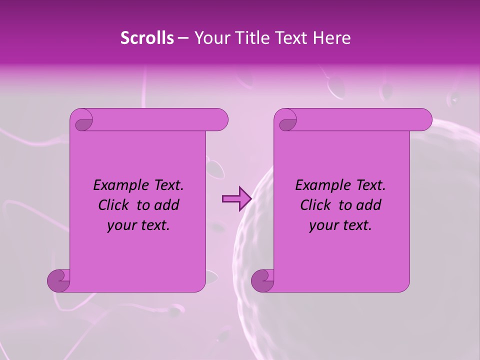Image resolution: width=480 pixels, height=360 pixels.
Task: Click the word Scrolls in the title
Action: click(x=147, y=38)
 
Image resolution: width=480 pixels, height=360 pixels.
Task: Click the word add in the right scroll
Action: click(x=368, y=205)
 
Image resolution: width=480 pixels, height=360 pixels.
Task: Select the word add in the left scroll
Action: click(x=166, y=205)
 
